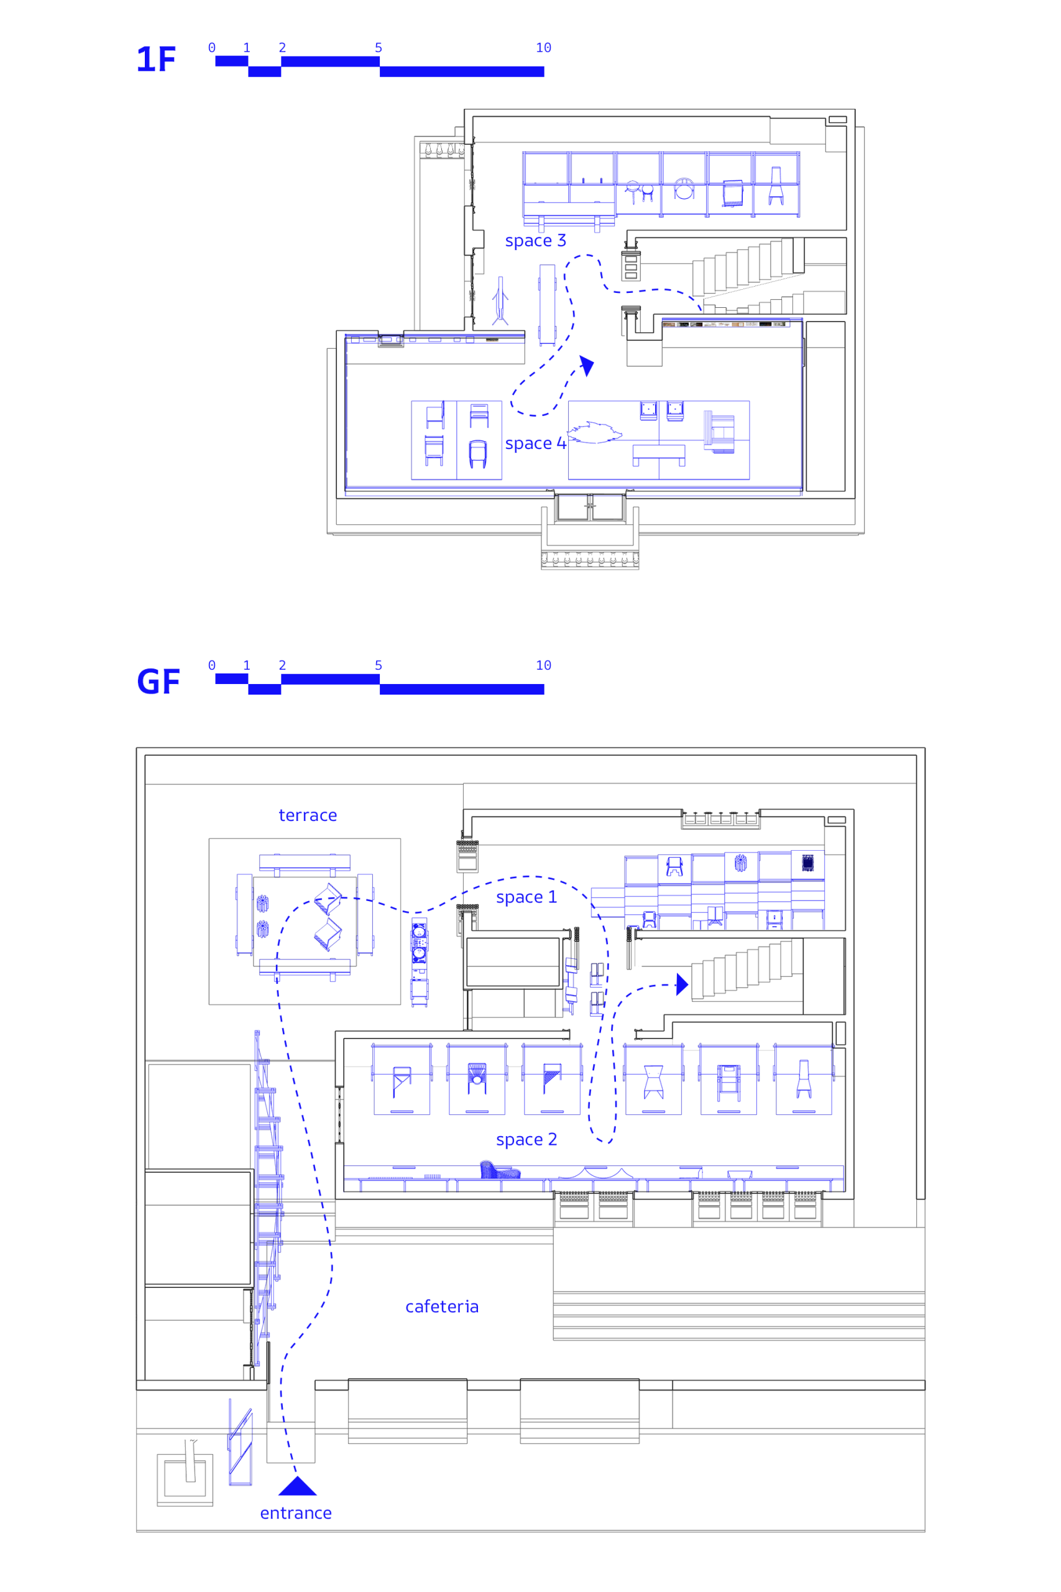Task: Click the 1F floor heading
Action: [x=156, y=60]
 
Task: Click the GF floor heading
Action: [x=158, y=682]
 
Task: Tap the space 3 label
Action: [x=535, y=241]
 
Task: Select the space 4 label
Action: [x=535, y=444]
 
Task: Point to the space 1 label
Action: [x=526, y=897]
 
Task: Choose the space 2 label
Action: [x=526, y=1140]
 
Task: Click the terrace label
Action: [x=308, y=816]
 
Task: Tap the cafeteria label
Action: [x=442, y=1307]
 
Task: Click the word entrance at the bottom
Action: [x=296, y=1514]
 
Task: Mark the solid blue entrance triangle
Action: [x=297, y=1486]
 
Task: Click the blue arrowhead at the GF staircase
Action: [x=682, y=985]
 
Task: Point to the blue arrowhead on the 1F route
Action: [x=587, y=365]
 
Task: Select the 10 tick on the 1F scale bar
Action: [x=543, y=48]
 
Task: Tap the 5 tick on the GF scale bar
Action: [x=379, y=666]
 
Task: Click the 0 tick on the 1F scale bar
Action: [x=212, y=48]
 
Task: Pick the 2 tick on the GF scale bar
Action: [x=282, y=666]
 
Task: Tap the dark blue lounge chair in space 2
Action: [x=499, y=1170]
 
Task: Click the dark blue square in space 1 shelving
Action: [x=807, y=863]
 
